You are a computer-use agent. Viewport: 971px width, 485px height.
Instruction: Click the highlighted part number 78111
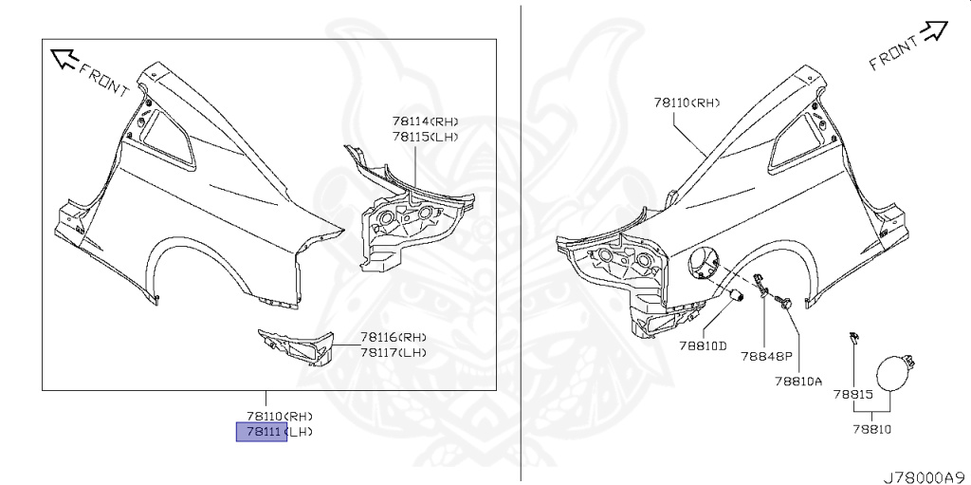coord(261,432)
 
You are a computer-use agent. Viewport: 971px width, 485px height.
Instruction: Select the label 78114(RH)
coord(425,121)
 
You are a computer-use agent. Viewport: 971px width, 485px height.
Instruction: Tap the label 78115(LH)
coord(425,137)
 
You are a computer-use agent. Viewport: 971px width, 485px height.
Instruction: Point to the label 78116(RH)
coord(393,337)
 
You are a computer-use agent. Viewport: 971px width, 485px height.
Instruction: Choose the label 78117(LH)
coord(393,352)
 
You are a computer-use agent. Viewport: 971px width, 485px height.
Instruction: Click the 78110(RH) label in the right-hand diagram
coord(687,102)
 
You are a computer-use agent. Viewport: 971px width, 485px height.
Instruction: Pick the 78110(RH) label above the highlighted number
coord(279,417)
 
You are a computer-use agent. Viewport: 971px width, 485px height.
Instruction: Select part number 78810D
coord(702,345)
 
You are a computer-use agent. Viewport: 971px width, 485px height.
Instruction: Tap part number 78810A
coord(797,382)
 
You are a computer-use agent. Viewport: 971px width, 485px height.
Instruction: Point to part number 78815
coord(852,393)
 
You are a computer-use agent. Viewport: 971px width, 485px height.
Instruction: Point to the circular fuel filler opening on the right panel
coord(706,263)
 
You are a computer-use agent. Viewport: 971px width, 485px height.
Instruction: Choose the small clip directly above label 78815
coord(853,338)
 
